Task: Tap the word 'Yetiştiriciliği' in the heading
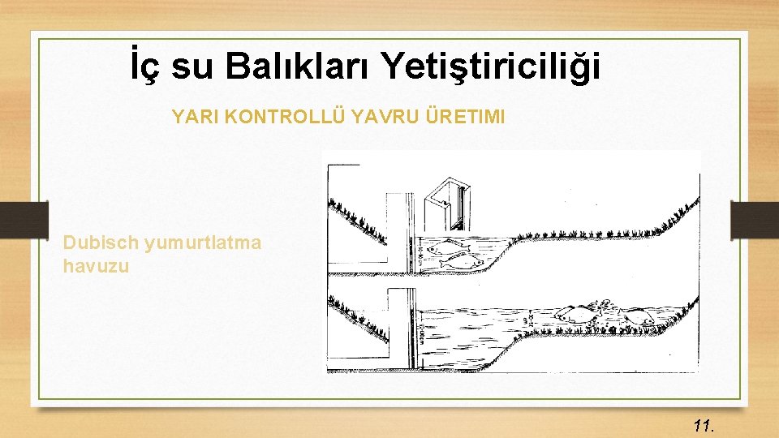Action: click(x=492, y=67)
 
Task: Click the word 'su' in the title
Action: click(x=195, y=67)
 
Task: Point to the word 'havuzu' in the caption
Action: click(x=96, y=265)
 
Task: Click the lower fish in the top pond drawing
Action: click(x=459, y=260)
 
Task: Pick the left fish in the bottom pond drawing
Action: click(x=576, y=314)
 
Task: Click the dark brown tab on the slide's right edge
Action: click(x=754, y=219)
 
